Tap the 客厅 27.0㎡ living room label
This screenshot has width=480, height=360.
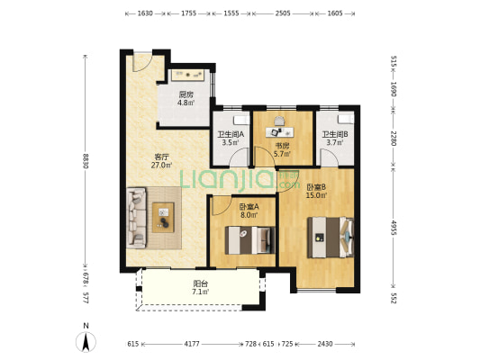tap(161, 161)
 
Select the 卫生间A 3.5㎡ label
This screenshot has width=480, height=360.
tap(231, 139)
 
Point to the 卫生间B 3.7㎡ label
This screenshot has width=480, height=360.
tap(335, 139)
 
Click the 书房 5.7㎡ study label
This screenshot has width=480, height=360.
tap(282, 149)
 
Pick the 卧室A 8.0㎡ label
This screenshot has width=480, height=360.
tap(249, 211)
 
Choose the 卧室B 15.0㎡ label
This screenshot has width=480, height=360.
tap(316, 191)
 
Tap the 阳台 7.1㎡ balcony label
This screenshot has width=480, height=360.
tap(201, 287)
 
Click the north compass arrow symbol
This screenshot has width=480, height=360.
tap(86, 342)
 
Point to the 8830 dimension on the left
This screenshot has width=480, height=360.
tap(86, 161)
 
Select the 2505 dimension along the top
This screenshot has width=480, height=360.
tap(283, 13)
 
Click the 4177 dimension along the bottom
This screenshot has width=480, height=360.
tap(192, 344)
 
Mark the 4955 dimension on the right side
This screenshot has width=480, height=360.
tap(394, 227)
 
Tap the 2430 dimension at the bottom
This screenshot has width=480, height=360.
tap(325, 344)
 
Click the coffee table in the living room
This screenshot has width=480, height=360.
tap(163, 217)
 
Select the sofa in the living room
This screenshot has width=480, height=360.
tap(136, 218)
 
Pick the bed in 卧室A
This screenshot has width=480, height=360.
tap(249, 240)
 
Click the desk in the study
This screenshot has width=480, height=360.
tap(279, 132)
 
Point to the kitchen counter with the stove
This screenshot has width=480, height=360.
tap(187, 75)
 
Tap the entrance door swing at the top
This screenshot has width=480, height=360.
tap(142, 63)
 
